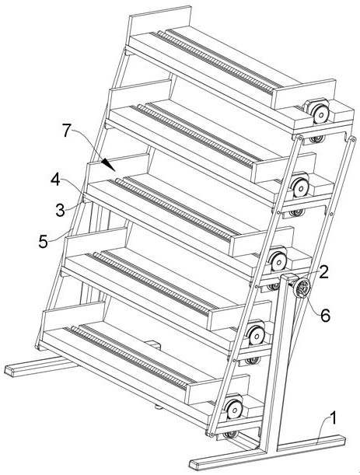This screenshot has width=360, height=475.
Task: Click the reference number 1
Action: (x=333, y=419)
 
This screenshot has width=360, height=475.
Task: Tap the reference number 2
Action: (x=323, y=272)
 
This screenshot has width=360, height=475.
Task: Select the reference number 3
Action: (x=61, y=210)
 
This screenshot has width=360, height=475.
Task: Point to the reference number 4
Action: (x=55, y=180)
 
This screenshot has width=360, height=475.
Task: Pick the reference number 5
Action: (x=44, y=242)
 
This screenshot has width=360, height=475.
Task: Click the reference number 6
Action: (x=325, y=316)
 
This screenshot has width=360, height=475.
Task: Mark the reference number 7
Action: (x=68, y=131)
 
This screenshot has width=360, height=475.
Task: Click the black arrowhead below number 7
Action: (x=108, y=165)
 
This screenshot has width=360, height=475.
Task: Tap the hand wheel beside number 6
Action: (x=301, y=289)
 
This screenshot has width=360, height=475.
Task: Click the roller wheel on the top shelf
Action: (x=320, y=115)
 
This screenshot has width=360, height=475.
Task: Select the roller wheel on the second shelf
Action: (x=300, y=188)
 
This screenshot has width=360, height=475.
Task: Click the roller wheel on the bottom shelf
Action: (x=235, y=409)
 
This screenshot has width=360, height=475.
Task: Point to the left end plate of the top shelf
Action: (x=159, y=20)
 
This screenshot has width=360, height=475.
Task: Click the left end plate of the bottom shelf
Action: (x=74, y=316)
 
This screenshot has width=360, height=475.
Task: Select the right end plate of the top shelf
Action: (x=304, y=93)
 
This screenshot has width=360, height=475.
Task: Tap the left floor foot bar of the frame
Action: (x=40, y=365)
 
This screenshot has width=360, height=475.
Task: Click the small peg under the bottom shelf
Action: (x=158, y=407)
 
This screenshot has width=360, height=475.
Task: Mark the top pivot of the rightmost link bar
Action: (x=353, y=139)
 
